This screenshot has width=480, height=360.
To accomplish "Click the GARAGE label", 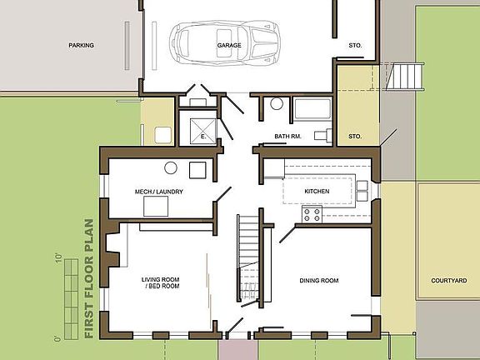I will (229, 45).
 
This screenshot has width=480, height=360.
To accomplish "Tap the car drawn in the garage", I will (227, 42).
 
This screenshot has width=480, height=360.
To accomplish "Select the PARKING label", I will (81, 46).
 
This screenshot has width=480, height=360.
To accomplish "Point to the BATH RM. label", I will (287, 136).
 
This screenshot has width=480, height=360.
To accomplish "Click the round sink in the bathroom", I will (276, 105).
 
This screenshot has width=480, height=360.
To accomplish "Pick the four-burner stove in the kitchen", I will (312, 214).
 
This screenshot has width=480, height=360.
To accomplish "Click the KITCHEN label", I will (317, 192).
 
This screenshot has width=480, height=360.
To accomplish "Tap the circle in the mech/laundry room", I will (170, 167).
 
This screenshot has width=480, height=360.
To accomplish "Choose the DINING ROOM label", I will (319, 281).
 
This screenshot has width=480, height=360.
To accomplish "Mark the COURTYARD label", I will (449, 281).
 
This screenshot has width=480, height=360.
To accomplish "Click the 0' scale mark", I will (57, 338).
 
